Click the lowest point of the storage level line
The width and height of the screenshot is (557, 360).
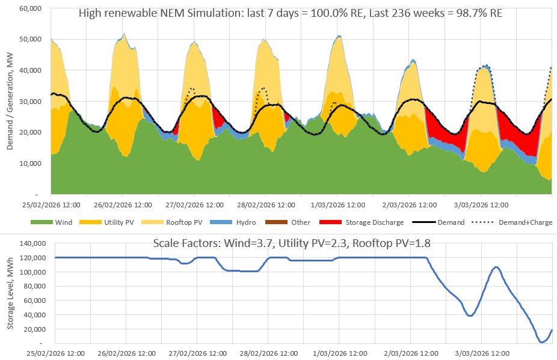543,342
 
